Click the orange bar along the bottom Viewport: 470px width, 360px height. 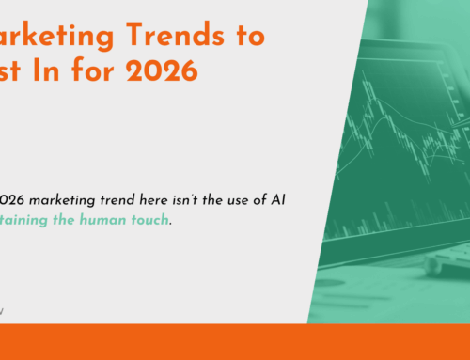pyautogui.click(x=235, y=342)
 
